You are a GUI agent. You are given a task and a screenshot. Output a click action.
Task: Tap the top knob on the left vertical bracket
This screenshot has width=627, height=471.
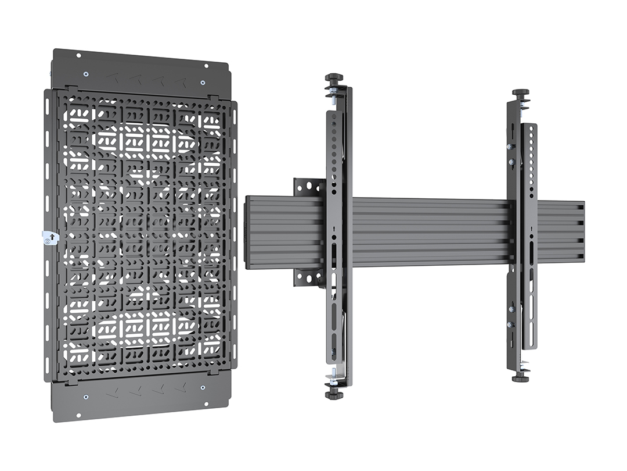(x=334, y=77)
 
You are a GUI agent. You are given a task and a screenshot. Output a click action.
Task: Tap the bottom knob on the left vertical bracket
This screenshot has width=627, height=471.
(x=334, y=395)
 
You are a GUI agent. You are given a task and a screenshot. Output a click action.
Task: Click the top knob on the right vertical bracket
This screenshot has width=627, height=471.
(x=520, y=92)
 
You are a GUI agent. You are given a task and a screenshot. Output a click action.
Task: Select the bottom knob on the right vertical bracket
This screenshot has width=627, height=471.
(x=520, y=379)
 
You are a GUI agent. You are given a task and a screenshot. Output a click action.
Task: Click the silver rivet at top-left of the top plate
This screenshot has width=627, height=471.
(x=86, y=74)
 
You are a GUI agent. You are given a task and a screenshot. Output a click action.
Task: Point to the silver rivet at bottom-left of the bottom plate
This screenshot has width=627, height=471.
(x=86, y=397)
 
